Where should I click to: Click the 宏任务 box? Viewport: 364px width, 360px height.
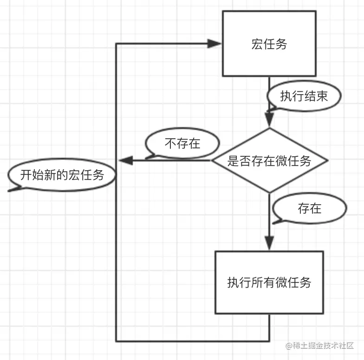[x=269, y=44]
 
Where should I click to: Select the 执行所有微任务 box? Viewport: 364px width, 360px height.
[x=269, y=282]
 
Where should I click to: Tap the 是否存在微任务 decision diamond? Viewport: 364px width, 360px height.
[x=269, y=161]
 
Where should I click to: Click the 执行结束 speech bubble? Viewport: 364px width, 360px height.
[x=304, y=96]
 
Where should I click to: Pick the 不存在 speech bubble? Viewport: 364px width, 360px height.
[x=182, y=143]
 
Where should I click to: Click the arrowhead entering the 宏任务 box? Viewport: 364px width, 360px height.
[x=214, y=44]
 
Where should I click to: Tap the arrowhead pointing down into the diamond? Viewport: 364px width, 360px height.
[x=269, y=119]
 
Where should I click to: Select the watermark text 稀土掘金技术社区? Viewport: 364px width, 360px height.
[x=323, y=346]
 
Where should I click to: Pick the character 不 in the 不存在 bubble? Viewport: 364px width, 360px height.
[x=170, y=144]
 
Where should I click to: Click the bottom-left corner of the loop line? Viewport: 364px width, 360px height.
[x=116, y=341]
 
